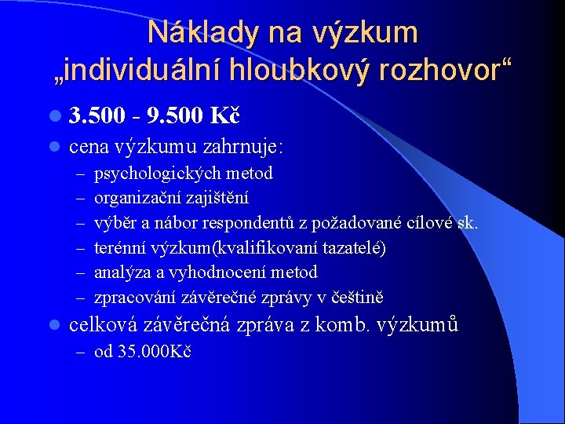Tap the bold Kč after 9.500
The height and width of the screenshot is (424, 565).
tap(224, 117)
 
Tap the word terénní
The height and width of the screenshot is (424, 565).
tap(118, 248)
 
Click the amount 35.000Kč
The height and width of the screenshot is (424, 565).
tap(155, 351)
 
